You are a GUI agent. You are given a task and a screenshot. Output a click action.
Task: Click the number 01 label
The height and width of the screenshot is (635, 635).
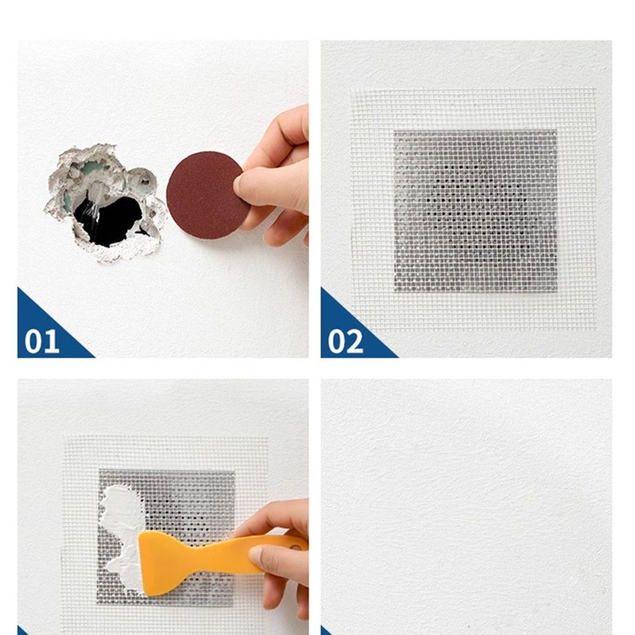42,342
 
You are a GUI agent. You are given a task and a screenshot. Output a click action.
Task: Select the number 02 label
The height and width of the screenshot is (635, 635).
345,342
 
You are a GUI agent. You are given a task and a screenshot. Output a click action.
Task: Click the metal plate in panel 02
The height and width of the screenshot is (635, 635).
475,211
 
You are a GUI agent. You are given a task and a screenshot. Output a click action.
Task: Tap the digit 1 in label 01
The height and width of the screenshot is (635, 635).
52,342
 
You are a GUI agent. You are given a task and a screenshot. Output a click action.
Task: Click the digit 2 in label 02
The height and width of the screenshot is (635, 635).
355,342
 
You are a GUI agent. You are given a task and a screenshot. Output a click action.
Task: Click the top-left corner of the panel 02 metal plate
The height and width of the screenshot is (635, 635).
394,131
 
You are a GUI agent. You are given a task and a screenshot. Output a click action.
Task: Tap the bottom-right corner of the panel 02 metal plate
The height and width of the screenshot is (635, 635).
557,291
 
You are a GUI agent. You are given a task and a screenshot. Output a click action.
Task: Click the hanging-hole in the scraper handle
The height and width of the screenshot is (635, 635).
297,547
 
